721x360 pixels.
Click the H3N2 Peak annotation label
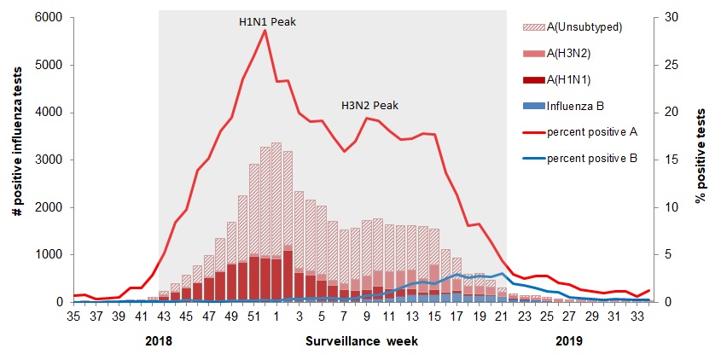(x=369, y=106)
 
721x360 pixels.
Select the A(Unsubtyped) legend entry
(x=584, y=26)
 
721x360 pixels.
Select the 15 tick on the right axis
(x=669, y=160)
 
